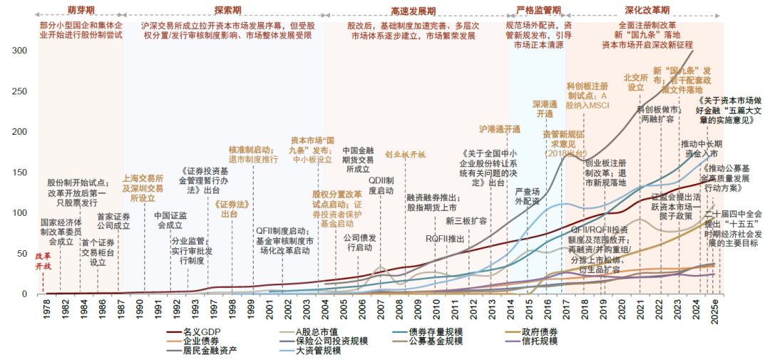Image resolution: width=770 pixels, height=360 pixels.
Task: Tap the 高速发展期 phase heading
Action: (x=414, y=10)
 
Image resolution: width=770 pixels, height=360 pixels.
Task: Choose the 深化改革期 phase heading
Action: (x=647, y=10)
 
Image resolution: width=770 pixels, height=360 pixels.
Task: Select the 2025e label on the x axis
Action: (x=715, y=311)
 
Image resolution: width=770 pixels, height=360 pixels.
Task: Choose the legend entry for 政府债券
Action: (x=538, y=331)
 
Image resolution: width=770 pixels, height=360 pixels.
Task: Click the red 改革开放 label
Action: (x=43, y=261)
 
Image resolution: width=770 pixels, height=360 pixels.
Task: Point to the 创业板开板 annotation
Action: (x=405, y=154)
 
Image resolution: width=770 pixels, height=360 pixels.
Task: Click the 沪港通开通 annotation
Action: (x=499, y=129)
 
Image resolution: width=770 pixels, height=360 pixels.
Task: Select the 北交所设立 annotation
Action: (x=635, y=82)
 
